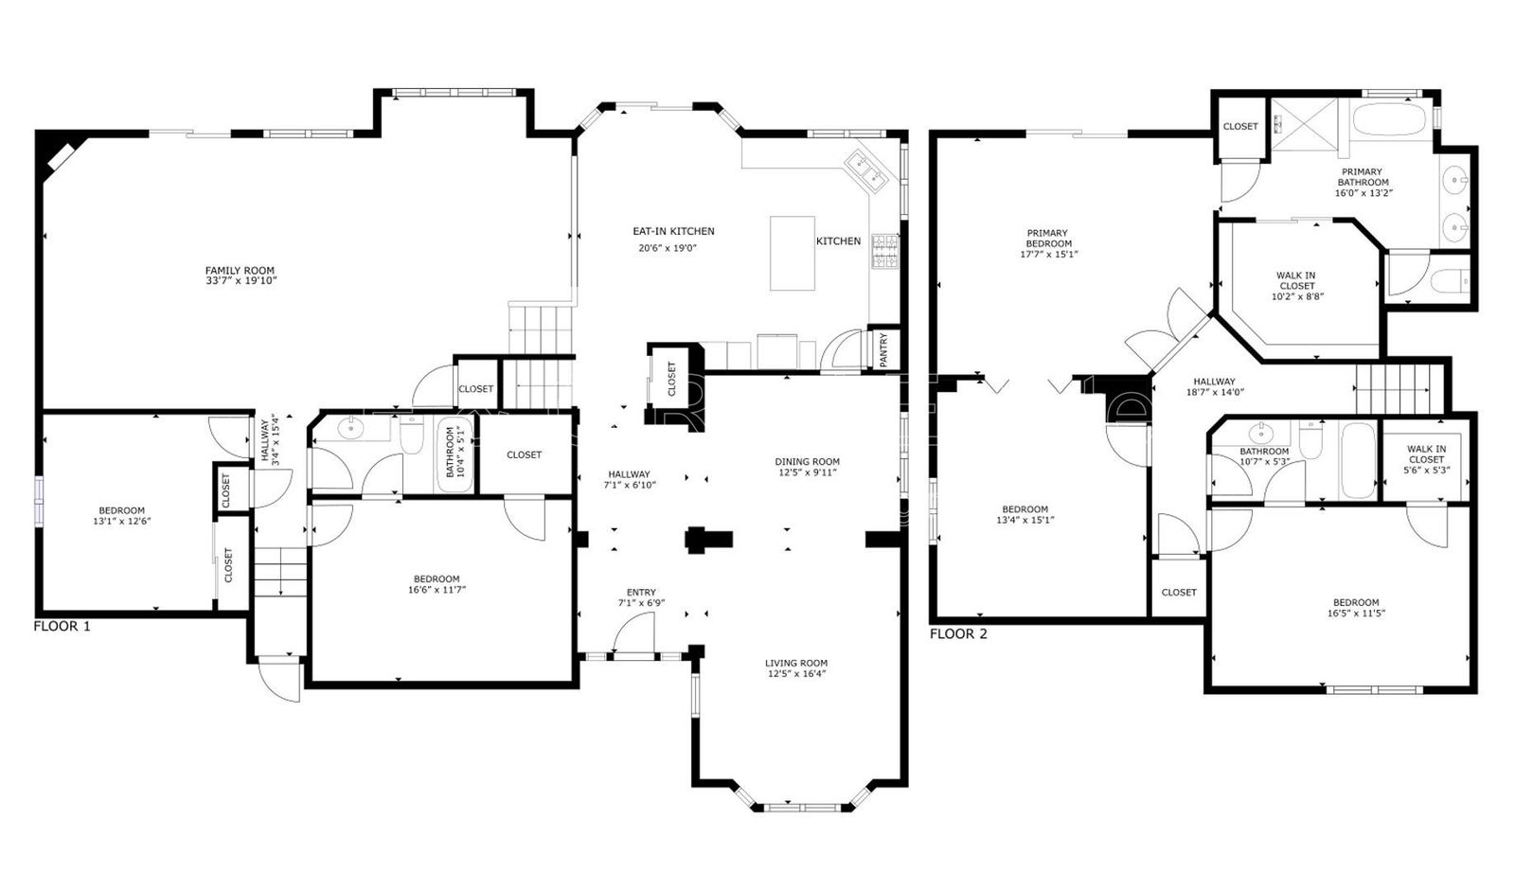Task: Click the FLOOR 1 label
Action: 62,626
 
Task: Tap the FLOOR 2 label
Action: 958,633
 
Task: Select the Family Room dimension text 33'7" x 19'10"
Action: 241,282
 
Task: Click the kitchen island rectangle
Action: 793,253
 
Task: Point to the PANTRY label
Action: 882,349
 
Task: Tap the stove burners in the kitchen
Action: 885,251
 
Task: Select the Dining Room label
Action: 808,462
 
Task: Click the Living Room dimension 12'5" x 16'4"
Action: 796,675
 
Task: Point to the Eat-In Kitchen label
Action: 673,231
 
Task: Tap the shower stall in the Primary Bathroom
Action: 1306,124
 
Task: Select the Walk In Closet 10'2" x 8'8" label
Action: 1296,286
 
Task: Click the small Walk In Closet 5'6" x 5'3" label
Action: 1426,459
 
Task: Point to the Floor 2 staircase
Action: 1392,389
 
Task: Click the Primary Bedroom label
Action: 1048,239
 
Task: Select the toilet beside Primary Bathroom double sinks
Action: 1448,281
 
